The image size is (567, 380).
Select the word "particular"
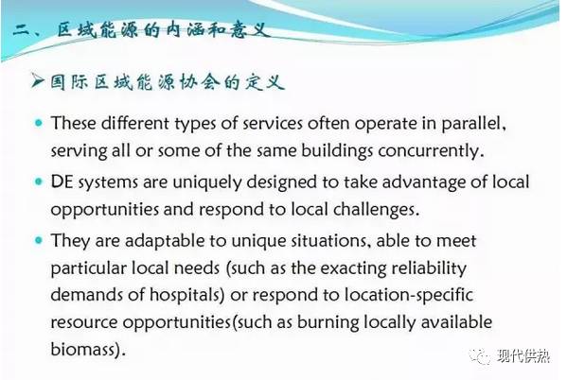(93, 266)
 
